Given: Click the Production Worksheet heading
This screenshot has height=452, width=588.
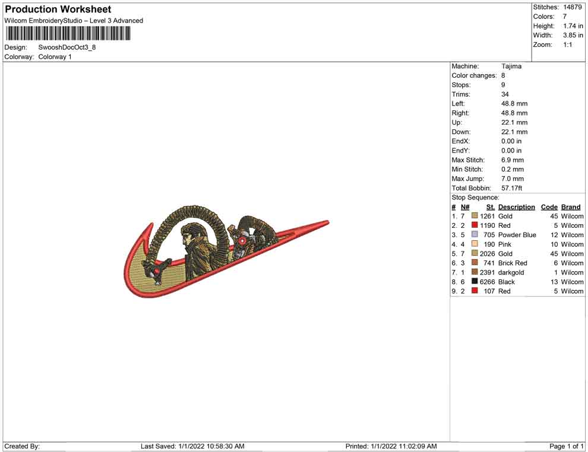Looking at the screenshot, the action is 58,9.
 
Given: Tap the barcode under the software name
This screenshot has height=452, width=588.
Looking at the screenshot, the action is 68,34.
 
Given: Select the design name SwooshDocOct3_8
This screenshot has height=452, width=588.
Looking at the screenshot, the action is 67,47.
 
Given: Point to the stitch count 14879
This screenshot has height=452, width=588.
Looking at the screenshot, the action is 572,7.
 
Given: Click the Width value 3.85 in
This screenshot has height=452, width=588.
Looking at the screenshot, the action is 573,35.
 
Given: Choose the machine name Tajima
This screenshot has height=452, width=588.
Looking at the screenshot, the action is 511,66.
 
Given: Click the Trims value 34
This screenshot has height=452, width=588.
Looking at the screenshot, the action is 505,94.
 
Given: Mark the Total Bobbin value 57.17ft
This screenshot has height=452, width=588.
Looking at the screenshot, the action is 511,188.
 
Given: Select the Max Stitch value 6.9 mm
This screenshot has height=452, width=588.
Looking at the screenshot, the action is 512,160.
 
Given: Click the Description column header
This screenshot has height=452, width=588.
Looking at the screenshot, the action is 516,207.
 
